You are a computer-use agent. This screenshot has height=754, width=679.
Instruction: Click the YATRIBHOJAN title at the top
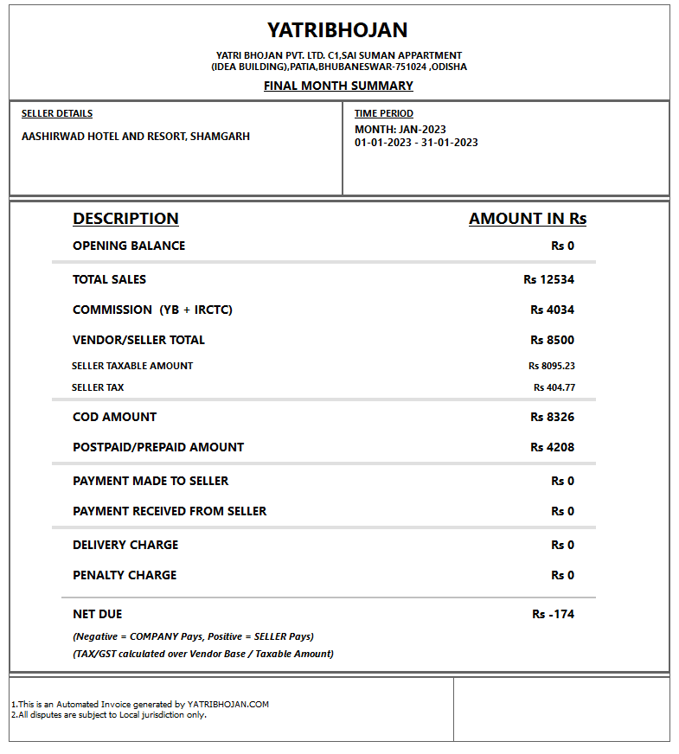coord(337,30)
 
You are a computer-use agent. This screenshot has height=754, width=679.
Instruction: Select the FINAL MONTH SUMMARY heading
coord(338,86)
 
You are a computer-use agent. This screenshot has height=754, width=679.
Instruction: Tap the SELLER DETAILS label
coord(57,113)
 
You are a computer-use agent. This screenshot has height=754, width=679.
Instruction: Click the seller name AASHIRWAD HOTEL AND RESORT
coord(136,137)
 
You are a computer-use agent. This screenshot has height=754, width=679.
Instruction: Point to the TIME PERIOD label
coord(384,113)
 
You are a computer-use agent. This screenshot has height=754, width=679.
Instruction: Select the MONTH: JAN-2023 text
coord(400,130)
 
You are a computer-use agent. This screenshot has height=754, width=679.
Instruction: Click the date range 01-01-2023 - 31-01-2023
coord(416,143)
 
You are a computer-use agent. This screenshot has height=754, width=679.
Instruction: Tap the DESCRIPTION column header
coord(125,219)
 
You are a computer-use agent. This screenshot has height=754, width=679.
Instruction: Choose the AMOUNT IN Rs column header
coord(528,219)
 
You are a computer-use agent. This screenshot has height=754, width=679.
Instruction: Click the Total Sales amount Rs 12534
coord(548,279)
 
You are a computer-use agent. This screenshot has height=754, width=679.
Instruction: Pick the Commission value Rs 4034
coord(552,310)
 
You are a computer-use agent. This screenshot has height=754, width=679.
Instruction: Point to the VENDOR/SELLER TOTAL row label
coord(138,340)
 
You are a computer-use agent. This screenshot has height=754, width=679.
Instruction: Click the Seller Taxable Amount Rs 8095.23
coord(552,366)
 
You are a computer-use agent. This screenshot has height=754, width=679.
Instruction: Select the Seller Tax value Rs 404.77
coord(554,387)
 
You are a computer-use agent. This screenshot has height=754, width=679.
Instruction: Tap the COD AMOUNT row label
coord(114,417)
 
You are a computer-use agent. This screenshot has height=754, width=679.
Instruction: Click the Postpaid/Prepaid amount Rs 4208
coord(552,447)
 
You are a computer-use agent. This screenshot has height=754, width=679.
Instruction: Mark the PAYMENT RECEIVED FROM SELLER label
coord(170,511)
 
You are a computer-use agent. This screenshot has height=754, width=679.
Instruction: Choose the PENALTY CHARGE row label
coord(125,575)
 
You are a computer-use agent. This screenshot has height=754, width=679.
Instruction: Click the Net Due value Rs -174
coord(553,614)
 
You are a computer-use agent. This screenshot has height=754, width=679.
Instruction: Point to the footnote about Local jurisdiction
coord(109,715)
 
